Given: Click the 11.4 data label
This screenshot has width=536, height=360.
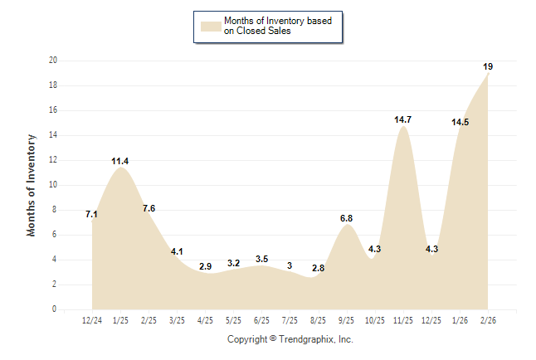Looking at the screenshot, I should pyautogui.click(x=121, y=161).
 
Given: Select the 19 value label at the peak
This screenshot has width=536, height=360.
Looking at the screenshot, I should pyautogui.click(x=489, y=66).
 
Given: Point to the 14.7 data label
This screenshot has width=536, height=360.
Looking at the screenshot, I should pyautogui.click(x=402, y=120).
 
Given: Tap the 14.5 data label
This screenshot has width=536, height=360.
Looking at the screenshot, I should pyautogui.click(x=460, y=122).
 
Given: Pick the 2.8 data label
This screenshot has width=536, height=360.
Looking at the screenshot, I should pyautogui.click(x=318, y=269).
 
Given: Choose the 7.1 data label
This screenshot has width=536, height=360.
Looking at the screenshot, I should pyautogui.click(x=92, y=215).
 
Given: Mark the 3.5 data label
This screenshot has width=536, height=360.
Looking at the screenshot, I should pyautogui.click(x=261, y=260).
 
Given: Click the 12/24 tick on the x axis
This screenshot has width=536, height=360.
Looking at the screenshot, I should pyautogui.click(x=93, y=319).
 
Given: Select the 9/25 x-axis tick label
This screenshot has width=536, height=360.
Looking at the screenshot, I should pyautogui.click(x=346, y=319).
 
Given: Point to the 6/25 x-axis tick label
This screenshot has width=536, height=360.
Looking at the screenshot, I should pyautogui.click(x=261, y=319).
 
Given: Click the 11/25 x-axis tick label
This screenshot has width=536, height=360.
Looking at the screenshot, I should pyautogui.click(x=402, y=319).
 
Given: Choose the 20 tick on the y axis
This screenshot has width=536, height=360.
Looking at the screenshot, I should pyautogui.click(x=53, y=61).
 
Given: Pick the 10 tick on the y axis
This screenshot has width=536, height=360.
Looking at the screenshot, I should pyautogui.click(x=53, y=185).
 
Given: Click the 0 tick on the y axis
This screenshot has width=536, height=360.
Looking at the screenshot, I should pyautogui.click(x=55, y=309).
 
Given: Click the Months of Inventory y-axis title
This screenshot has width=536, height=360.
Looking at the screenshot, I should pyautogui.click(x=32, y=185).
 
